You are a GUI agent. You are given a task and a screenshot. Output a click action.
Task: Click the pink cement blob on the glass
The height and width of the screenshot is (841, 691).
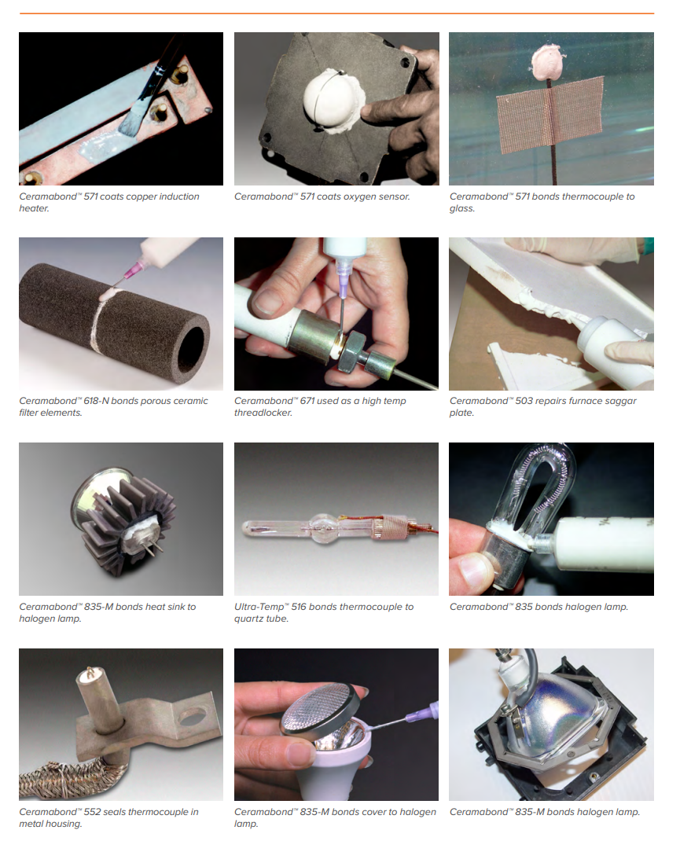click(x=548, y=61)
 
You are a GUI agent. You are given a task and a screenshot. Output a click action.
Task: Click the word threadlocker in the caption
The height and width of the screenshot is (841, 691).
click(x=263, y=413)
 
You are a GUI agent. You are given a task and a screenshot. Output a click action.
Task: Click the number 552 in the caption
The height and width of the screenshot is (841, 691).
click(x=92, y=812)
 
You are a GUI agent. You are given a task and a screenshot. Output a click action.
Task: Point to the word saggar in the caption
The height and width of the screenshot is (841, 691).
click(x=619, y=402)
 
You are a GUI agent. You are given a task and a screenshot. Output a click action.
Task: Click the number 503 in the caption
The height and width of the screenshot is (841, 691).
click(x=524, y=401)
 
